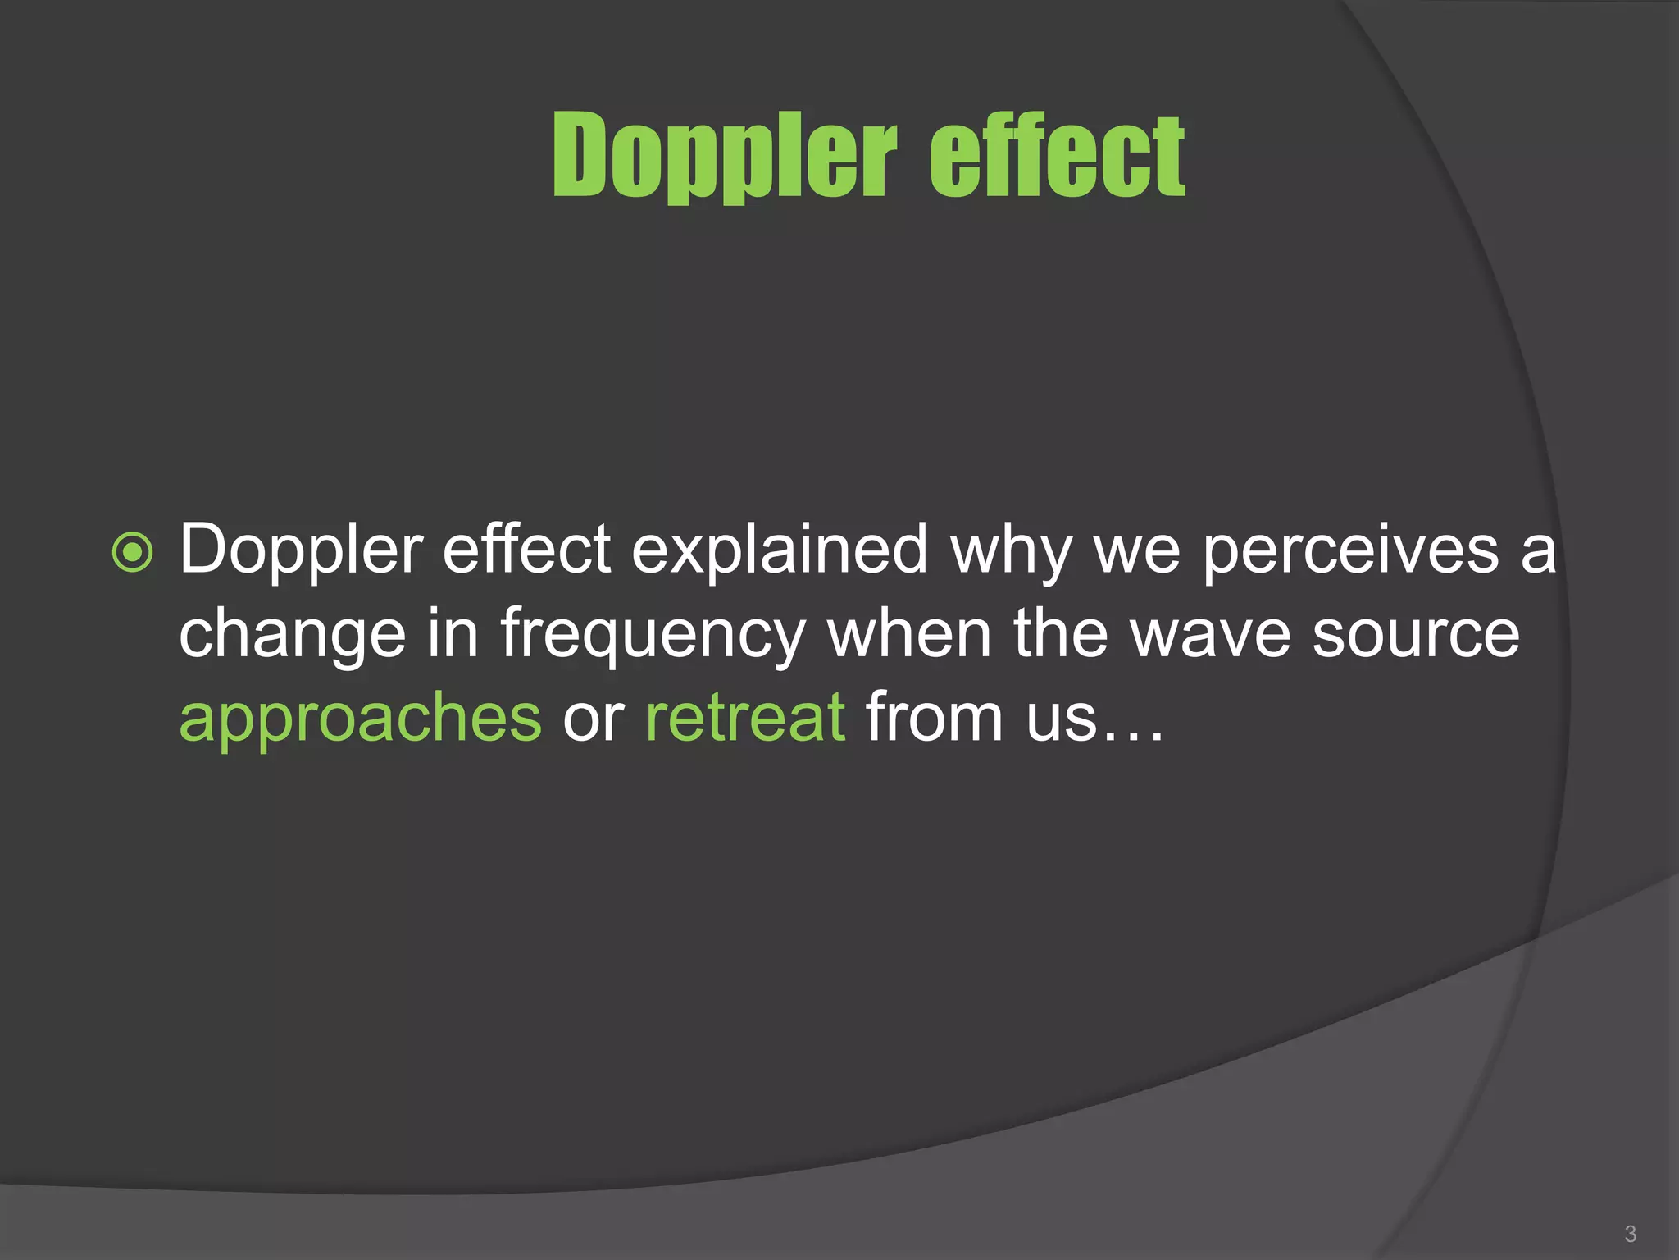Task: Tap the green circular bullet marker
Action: [132, 552]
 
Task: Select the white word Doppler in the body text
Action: [301, 550]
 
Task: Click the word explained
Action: [779, 550]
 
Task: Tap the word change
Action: [292, 634]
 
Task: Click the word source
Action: [1416, 634]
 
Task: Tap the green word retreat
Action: [744, 718]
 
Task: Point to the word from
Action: [934, 718]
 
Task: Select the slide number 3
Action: [1630, 1233]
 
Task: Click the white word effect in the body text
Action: [526, 550]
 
